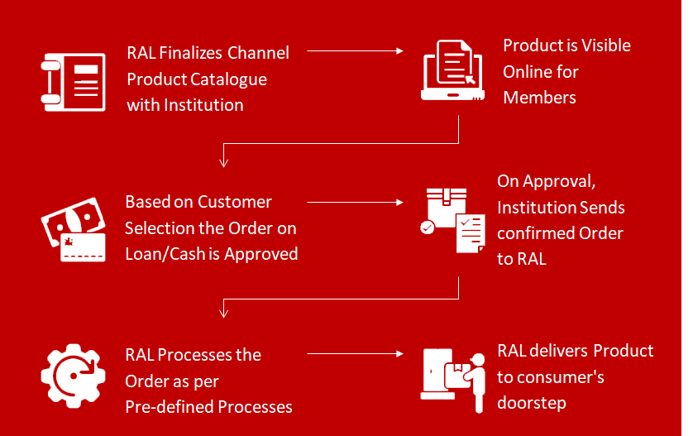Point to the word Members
539,98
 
